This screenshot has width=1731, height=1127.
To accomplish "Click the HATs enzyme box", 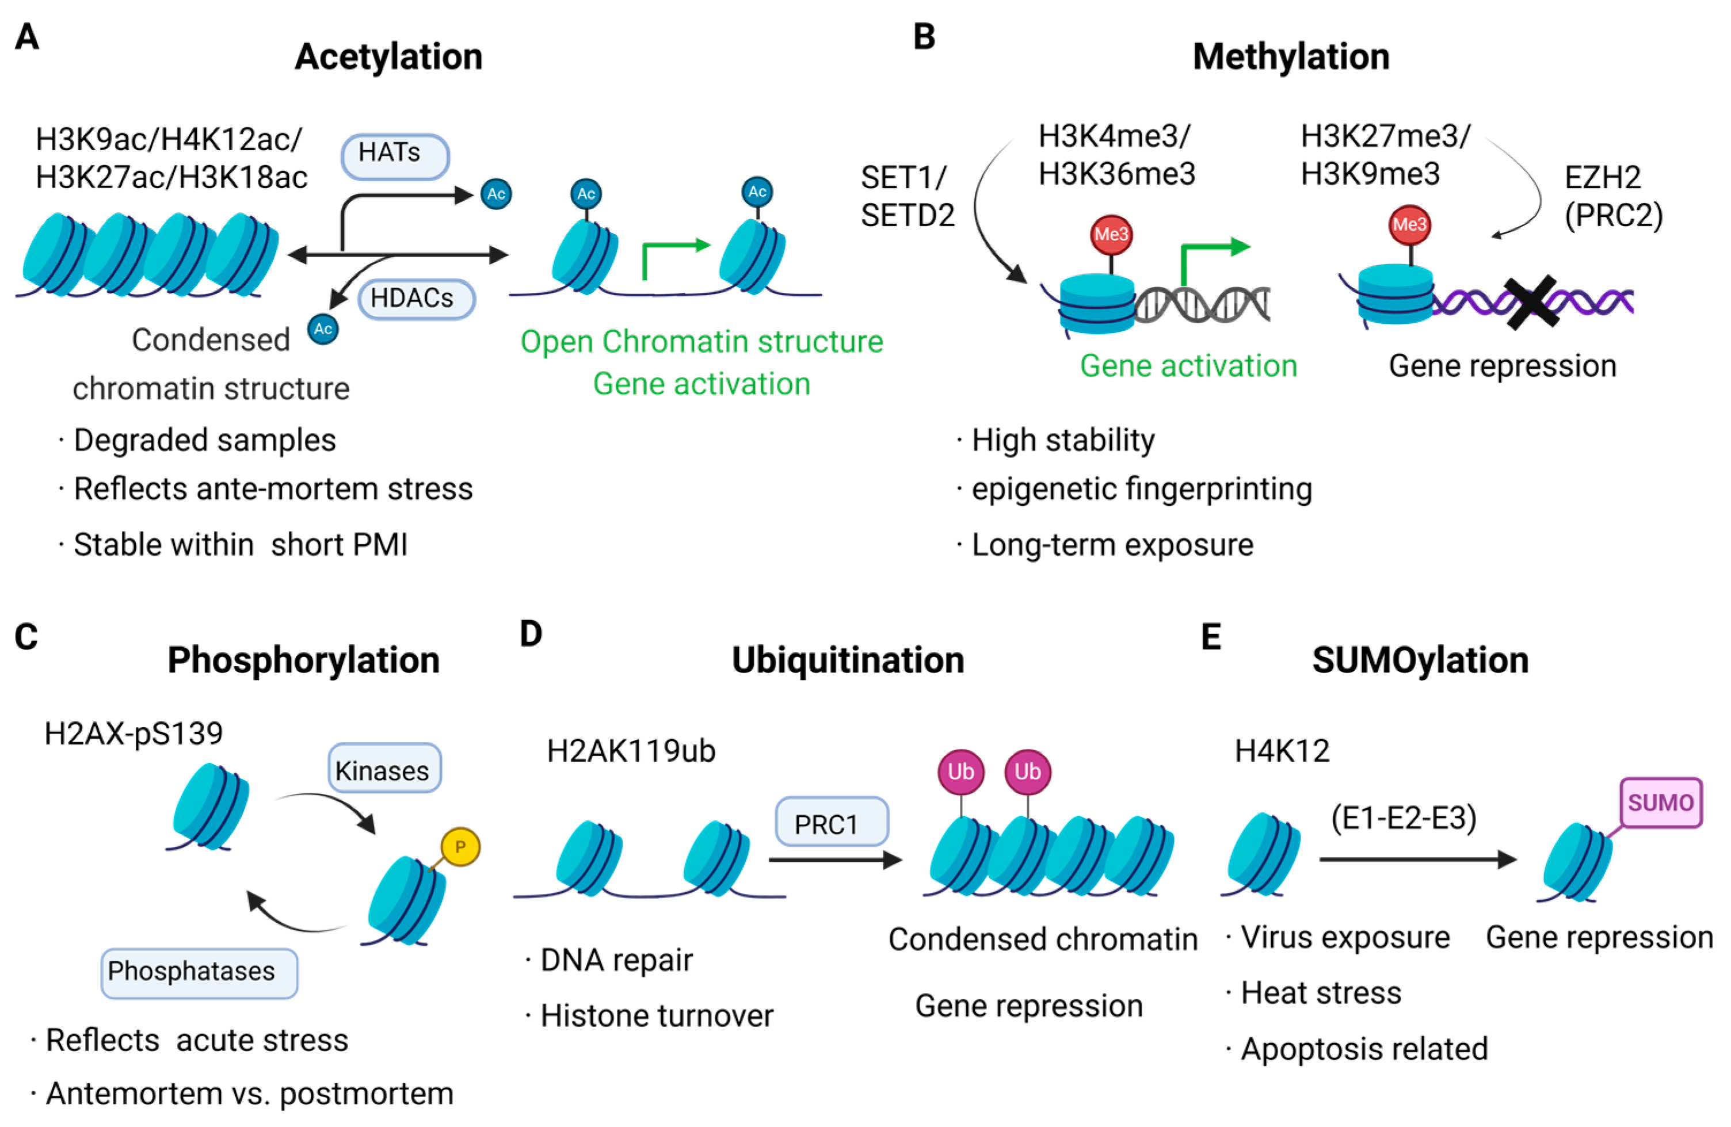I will tap(395, 156).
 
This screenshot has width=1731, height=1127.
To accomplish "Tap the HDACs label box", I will tap(416, 299).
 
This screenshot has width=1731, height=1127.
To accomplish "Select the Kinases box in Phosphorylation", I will tap(384, 769).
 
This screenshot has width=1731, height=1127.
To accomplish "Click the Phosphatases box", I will tap(199, 972).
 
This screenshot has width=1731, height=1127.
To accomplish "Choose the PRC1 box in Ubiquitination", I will tap(832, 822).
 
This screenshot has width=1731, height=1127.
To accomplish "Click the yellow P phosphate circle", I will tap(460, 847).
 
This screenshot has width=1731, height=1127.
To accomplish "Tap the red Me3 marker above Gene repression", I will tap(1409, 225).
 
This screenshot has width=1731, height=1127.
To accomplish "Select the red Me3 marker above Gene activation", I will tap(1111, 235).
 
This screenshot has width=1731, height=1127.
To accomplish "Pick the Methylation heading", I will tap(1290, 57).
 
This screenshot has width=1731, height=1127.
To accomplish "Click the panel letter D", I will tap(531, 634).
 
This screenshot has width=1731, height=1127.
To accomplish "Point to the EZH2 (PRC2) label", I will tap(1612, 196).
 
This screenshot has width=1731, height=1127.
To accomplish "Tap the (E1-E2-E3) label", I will tap(1403, 818).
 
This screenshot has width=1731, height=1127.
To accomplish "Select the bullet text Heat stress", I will tap(1320, 993).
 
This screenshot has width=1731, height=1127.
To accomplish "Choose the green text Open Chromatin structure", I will tap(701, 342).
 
